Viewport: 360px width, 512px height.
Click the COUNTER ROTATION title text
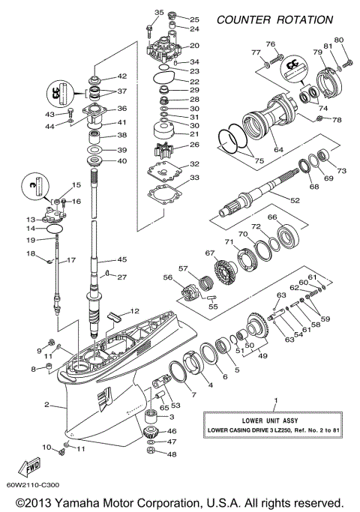274,19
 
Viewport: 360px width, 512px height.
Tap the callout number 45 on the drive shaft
122,260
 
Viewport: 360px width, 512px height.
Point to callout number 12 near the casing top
135,311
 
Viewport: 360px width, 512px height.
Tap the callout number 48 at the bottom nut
172,454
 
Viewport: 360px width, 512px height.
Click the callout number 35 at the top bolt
159,13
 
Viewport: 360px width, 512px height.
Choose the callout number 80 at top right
338,39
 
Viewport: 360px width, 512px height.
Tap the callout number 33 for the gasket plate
193,178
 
